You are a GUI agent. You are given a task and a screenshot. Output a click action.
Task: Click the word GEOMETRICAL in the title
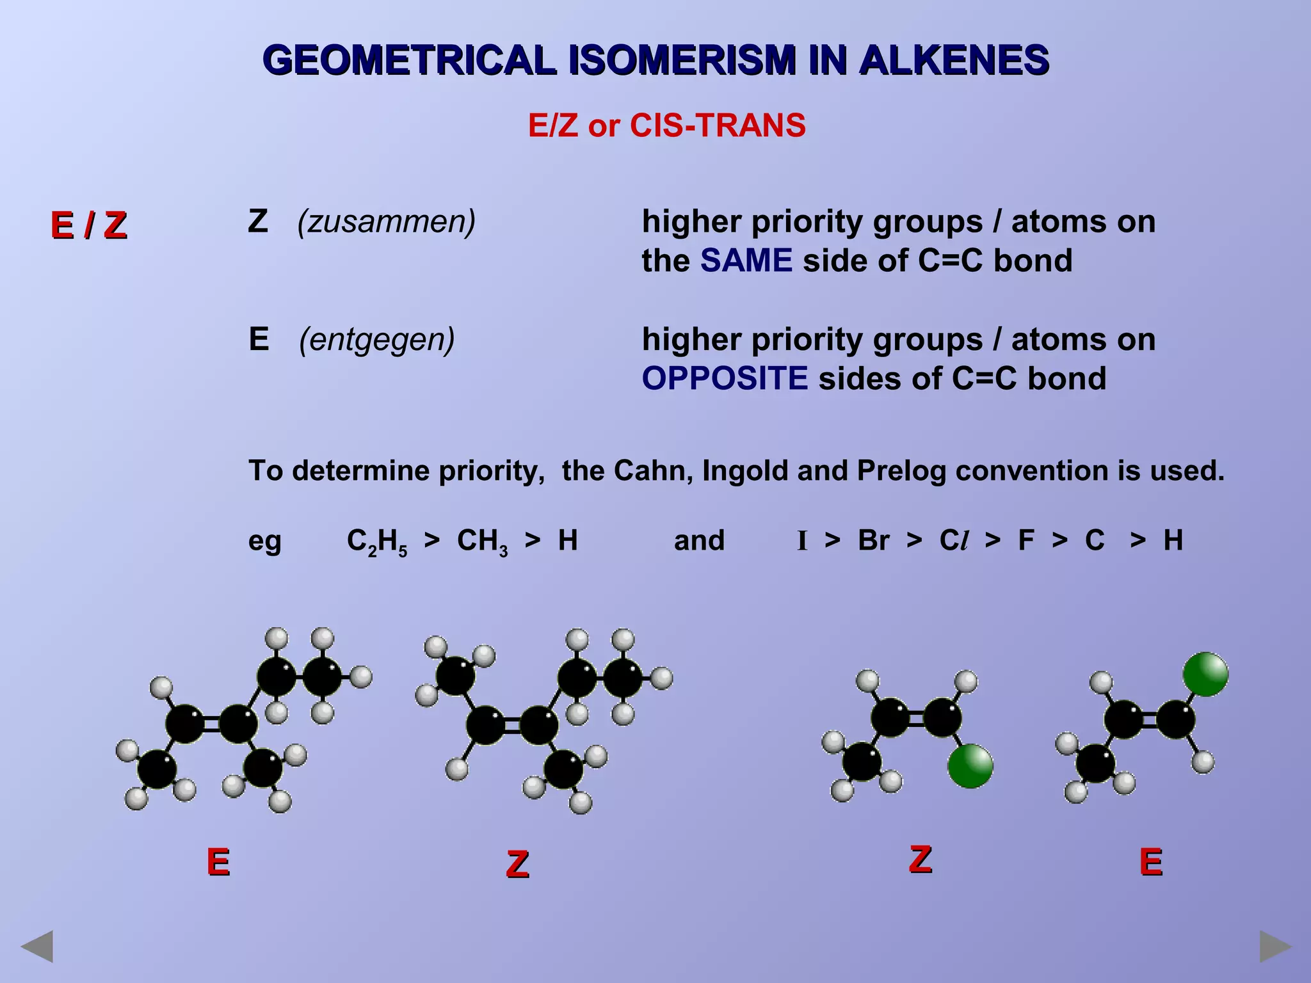click(410, 60)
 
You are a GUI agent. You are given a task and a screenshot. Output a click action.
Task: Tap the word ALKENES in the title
click(953, 60)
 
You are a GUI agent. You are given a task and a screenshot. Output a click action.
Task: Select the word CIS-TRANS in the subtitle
click(718, 125)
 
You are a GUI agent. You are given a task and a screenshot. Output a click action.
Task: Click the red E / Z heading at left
click(89, 225)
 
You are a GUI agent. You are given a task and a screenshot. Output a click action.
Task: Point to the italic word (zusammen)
click(387, 221)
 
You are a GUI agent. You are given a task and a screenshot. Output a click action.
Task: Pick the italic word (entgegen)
click(377, 339)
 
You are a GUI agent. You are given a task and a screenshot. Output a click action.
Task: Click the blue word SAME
click(746, 260)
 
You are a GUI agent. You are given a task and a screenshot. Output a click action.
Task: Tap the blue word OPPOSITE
click(725, 378)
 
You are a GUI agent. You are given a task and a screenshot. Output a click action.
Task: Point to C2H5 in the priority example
click(377, 541)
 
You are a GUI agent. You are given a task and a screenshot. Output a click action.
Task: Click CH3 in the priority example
click(482, 541)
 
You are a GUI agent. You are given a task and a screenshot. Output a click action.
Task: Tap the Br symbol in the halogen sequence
click(873, 540)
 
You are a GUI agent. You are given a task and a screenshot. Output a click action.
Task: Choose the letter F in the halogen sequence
click(1026, 540)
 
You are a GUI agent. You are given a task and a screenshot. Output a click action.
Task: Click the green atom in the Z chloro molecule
click(970, 766)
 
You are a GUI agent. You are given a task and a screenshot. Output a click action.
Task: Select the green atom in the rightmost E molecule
click(1205, 674)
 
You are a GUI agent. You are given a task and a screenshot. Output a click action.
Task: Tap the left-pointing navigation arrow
click(36, 947)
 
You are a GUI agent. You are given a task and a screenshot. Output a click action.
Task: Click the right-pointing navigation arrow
click(1275, 947)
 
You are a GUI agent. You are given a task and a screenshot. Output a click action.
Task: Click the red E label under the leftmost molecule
click(218, 862)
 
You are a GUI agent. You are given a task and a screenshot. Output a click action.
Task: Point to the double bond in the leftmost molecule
click(211, 724)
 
